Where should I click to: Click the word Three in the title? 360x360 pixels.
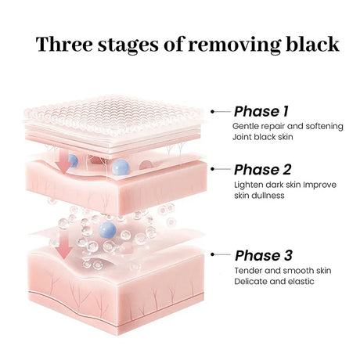point(64,44)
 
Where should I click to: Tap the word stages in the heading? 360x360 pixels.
point(128,45)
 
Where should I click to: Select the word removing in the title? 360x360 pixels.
point(235,45)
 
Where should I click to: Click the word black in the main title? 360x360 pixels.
point(313,44)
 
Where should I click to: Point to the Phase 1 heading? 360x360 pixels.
point(261,111)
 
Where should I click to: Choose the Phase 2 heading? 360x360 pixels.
point(262,170)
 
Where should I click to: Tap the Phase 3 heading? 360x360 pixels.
point(264,255)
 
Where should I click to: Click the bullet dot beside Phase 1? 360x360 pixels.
point(213,112)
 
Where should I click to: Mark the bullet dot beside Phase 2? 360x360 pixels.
point(213,169)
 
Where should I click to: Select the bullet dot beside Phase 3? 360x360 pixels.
point(213,254)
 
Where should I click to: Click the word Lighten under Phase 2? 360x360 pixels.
point(249,185)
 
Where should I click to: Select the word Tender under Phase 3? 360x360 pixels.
point(248,271)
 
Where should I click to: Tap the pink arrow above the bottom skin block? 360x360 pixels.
point(64,244)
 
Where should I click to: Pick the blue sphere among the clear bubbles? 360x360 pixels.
point(107,229)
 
